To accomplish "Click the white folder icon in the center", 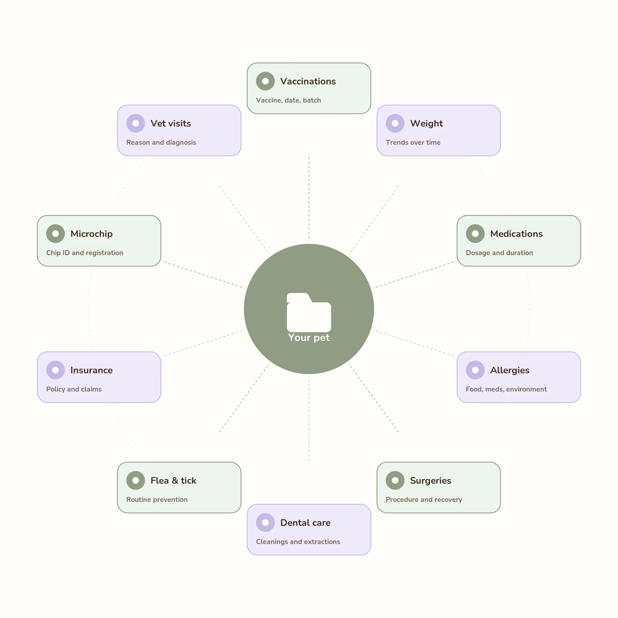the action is tap(309, 312).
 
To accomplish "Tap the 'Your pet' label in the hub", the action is tap(309, 337).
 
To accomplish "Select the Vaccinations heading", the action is tap(308, 81).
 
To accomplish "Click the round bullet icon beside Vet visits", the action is tap(135, 123).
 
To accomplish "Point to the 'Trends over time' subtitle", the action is tap(413, 142).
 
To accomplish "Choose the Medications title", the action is tap(516, 234).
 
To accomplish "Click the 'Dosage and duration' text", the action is tap(499, 253).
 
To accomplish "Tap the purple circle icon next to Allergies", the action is tap(475, 370).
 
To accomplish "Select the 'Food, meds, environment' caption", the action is tap(506, 389).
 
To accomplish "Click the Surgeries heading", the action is tap(431, 480).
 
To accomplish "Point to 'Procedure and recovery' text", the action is tap(424, 500).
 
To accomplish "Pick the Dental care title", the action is tap(305, 523).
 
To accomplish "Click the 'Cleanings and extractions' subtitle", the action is tap(298, 542).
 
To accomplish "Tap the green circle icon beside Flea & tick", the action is tap(135, 480).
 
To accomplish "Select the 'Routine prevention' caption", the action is tap(157, 500).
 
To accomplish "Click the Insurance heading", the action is tap(91, 370).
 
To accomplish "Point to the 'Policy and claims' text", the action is tap(74, 389).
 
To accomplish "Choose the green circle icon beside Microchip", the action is tap(55, 234).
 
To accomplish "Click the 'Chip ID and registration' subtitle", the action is tap(84, 253).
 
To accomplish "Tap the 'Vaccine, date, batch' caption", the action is tap(288, 100).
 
